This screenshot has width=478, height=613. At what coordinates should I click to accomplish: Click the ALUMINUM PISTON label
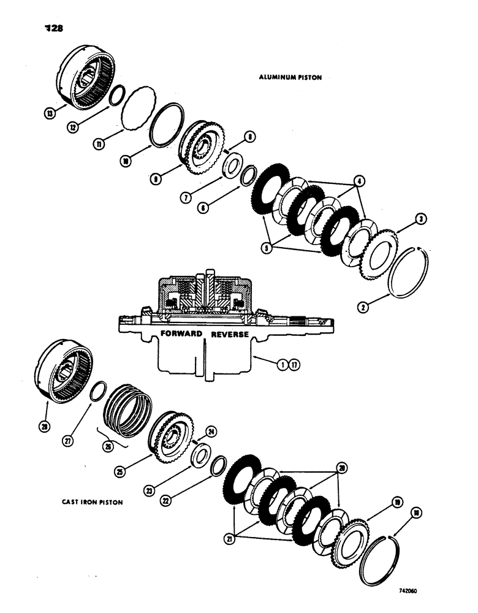tap(290, 77)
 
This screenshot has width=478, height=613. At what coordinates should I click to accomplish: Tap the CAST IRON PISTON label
tap(92, 502)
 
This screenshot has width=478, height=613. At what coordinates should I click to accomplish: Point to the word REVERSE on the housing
tap(230, 335)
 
